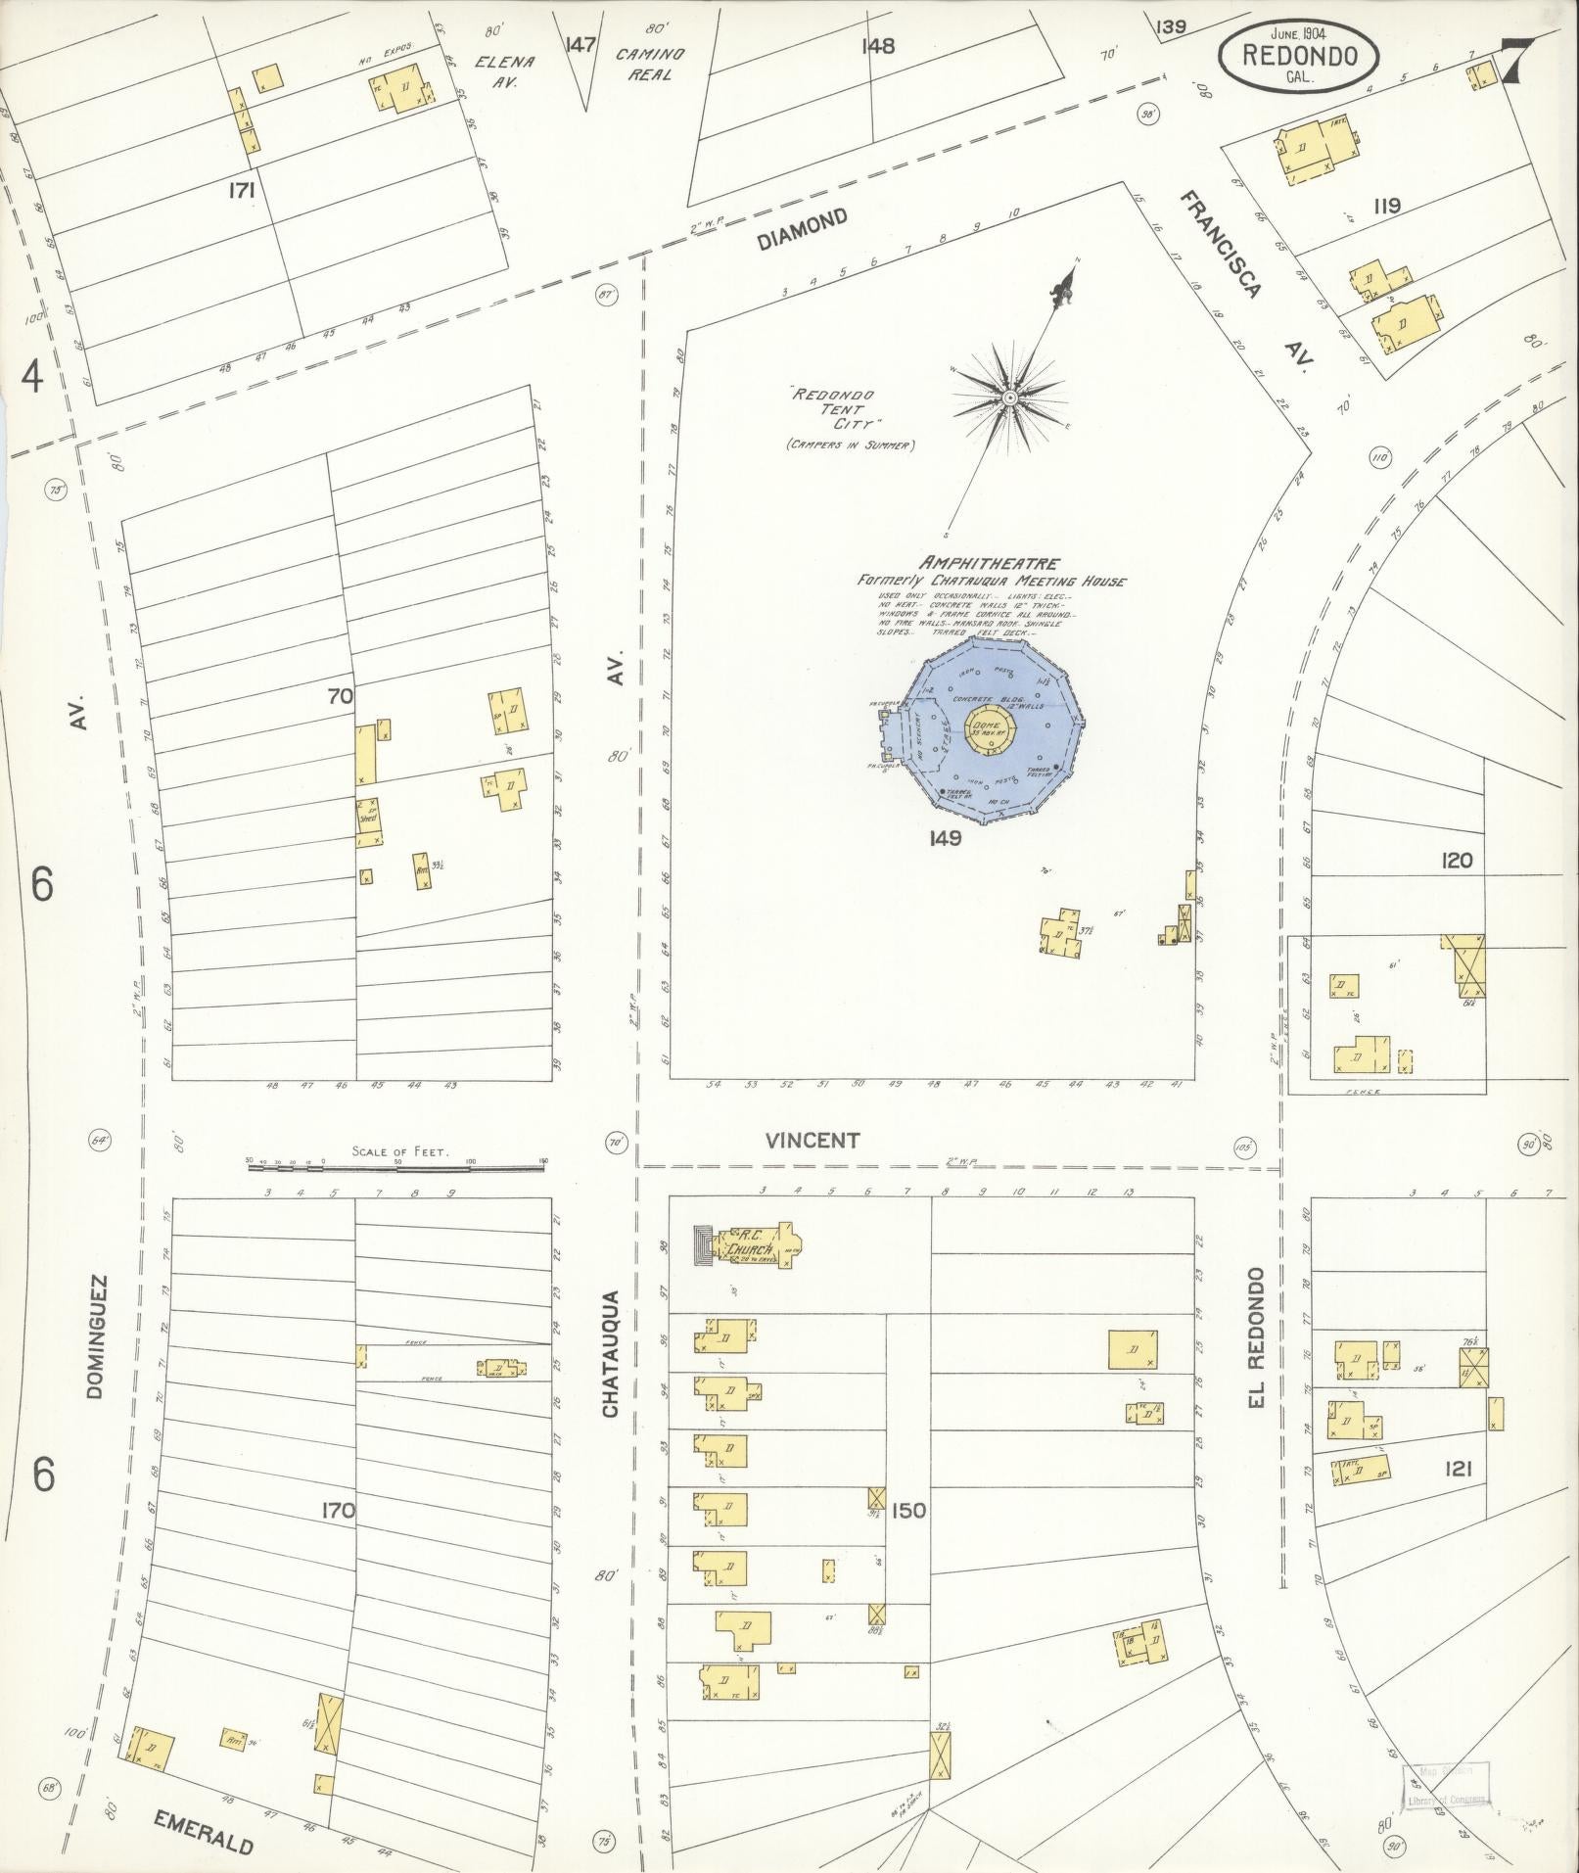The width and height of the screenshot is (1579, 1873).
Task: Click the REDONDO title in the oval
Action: tap(1299, 55)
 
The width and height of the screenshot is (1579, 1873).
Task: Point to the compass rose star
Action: tap(1009, 398)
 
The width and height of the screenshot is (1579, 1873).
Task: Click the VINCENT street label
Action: tap(813, 1140)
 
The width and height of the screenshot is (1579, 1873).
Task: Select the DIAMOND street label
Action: tap(802, 229)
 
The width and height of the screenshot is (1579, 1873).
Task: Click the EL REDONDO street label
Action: tap(1257, 1339)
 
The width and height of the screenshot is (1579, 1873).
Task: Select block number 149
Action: tap(947, 838)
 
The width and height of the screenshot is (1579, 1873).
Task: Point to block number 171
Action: tap(242, 192)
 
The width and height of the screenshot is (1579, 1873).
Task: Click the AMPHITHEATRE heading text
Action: tap(988, 564)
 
